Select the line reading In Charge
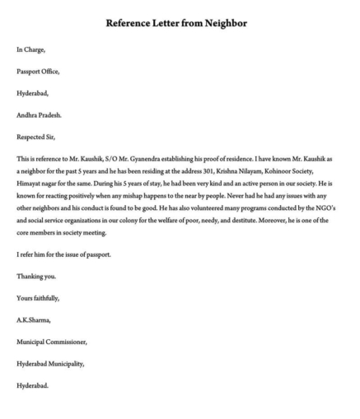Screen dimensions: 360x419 pyautogui.click(x=31, y=50)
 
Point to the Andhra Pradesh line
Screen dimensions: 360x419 pyautogui.click(x=39, y=114)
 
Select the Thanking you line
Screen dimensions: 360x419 pyautogui.click(x=36, y=276)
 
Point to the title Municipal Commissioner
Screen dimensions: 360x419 pyautogui.click(x=51, y=340)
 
